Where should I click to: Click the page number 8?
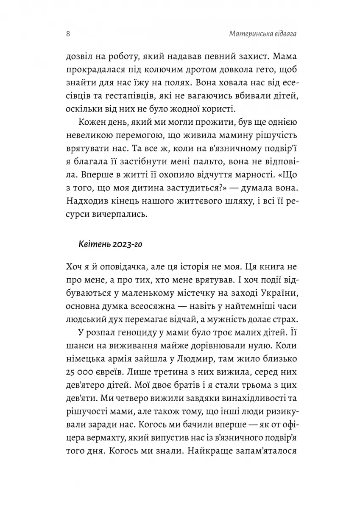[x=68, y=34]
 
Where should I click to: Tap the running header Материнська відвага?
[x=261, y=34]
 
